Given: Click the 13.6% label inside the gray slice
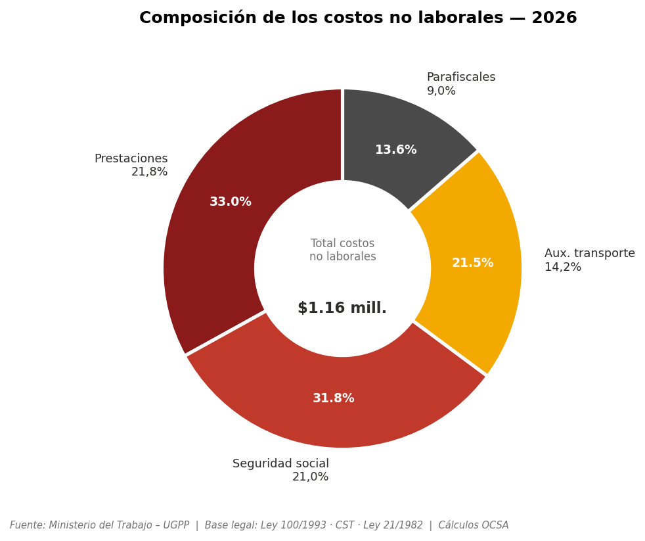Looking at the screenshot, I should click(x=396, y=150).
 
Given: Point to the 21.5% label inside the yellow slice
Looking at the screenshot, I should click(x=472, y=263).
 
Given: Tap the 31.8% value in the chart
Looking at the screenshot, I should click(x=334, y=398).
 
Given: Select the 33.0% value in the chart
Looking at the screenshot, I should click(x=231, y=202).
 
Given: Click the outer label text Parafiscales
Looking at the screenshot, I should click(x=461, y=78).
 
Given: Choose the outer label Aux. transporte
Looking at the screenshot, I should click(x=590, y=254).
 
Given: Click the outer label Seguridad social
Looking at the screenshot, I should click(x=280, y=464).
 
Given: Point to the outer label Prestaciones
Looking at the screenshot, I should click(x=131, y=159).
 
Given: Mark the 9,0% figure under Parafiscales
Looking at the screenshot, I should click(x=441, y=91).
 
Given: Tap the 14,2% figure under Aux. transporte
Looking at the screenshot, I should click(x=563, y=268).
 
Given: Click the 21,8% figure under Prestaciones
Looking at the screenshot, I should click(x=150, y=172).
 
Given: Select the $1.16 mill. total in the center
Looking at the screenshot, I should click(x=342, y=308).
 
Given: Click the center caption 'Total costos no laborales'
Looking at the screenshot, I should click(x=343, y=250).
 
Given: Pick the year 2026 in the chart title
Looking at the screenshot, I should click(x=554, y=18).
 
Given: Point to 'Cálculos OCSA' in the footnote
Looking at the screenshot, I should click(x=474, y=525).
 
